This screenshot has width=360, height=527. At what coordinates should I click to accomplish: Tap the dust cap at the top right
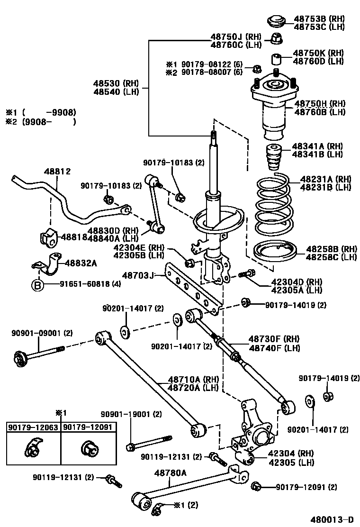[275, 21]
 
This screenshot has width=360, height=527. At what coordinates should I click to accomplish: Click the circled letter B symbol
[37, 285]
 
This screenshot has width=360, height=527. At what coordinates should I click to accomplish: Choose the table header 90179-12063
[33, 427]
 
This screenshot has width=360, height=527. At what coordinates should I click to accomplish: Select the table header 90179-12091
[88, 427]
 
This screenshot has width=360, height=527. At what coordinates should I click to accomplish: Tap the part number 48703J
[138, 275]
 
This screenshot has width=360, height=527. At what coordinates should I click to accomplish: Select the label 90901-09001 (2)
[42, 333]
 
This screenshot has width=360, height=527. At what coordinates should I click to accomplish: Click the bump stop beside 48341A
[272, 159]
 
